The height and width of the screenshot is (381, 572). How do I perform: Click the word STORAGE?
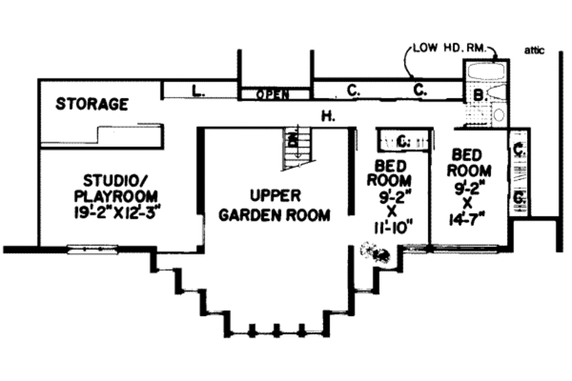tap(92, 104)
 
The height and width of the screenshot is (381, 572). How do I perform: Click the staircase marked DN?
tap(297, 148)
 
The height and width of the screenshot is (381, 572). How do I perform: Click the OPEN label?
tap(273, 94)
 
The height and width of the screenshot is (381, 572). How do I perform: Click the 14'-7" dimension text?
tap(471, 217)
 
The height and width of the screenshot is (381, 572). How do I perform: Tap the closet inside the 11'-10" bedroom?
tap(403, 140)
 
